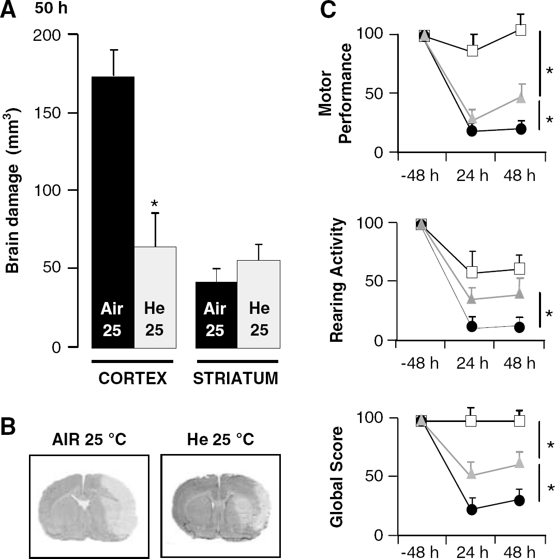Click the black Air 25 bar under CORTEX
pyautogui.click(x=113, y=212)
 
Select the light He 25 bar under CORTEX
pyautogui.click(x=155, y=297)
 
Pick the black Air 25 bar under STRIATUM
pyautogui.click(x=216, y=315)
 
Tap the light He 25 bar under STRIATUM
pyautogui.click(x=259, y=304)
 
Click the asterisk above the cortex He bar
pyautogui.click(x=155, y=204)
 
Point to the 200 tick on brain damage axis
pyautogui.click(x=73, y=34)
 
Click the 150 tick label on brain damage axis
pyautogui.click(x=47, y=113)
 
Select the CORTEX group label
pyautogui.click(x=133, y=378)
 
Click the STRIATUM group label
pyautogui.click(x=236, y=378)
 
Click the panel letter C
pyautogui.click(x=328, y=9)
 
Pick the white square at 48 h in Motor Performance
pyautogui.click(x=521, y=29)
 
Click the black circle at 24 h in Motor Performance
pyautogui.click(x=472, y=131)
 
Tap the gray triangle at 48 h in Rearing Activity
pyautogui.click(x=520, y=293)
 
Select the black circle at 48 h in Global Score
pyautogui.click(x=519, y=501)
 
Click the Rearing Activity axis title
pyautogui.click(x=337, y=280)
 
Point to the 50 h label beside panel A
pyautogui.click(x=51, y=8)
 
